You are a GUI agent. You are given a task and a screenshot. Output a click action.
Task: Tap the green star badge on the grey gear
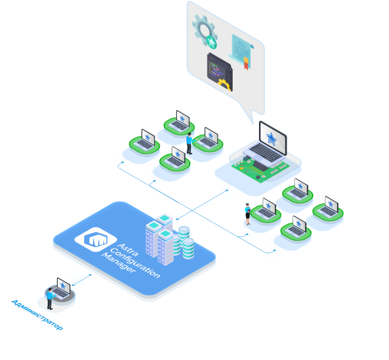[212, 42]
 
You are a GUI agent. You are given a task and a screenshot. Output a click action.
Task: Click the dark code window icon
[219, 71]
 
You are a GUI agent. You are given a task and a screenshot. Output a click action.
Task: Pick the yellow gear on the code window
[224, 84]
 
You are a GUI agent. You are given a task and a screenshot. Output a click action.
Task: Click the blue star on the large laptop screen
[271, 139]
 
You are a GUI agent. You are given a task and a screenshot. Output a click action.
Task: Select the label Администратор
[36, 315]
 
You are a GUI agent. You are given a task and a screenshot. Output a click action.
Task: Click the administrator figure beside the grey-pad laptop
[50, 298]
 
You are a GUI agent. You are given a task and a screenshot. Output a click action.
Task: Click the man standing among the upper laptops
[189, 143]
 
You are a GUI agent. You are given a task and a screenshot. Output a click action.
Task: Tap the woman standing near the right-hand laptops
[248, 214]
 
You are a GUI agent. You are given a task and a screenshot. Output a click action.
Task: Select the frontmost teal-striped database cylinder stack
[188, 248]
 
